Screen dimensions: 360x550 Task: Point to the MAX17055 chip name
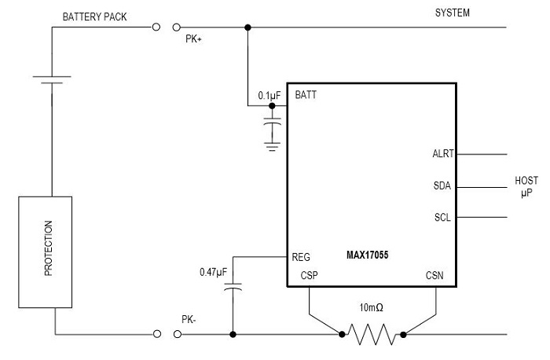368,255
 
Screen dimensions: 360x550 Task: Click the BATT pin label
306,95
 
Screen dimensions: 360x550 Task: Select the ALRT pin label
442,154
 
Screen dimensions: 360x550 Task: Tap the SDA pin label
443,186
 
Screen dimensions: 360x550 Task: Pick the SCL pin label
443,217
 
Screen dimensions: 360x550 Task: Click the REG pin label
301,256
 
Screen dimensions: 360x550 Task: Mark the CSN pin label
435,276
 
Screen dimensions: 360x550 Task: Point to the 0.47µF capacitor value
214,273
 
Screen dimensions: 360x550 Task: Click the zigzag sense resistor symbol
372,335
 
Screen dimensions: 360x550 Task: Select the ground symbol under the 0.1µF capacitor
272,143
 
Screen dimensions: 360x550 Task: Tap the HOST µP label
526,186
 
